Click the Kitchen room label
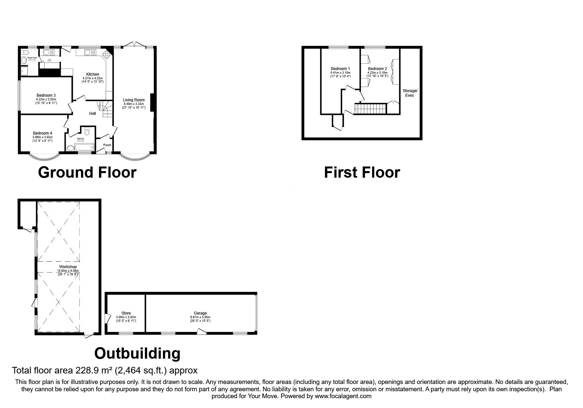click(x=93, y=74)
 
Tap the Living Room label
click(x=134, y=100)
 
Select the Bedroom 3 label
click(x=46, y=95)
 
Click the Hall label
click(x=93, y=114)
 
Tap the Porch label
click(x=107, y=145)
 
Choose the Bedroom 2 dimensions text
click(x=377, y=74)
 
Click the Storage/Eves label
click(x=410, y=93)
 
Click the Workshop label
click(x=68, y=267)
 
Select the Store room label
click(x=126, y=313)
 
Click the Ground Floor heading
click(x=87, y=173)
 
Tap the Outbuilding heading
click(x=137, y=354)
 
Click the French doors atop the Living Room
click(x=135, y=44)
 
